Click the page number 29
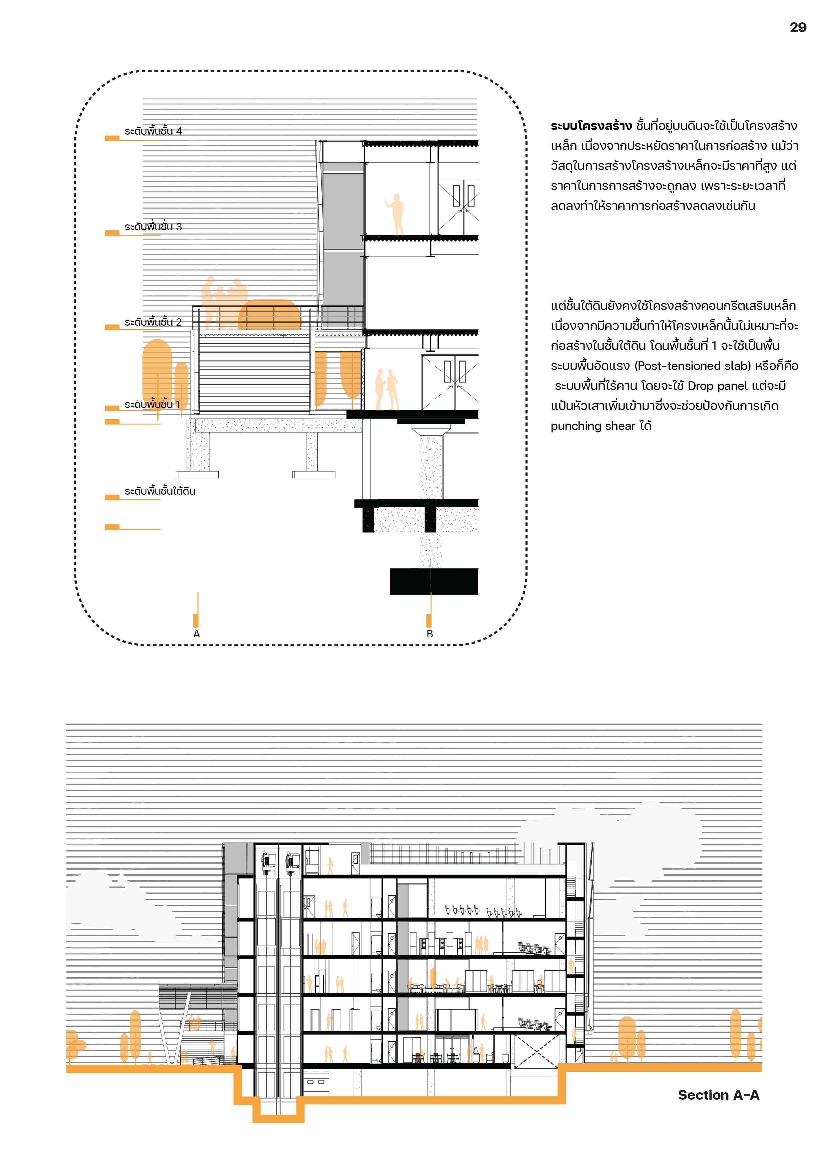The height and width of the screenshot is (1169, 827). click(797, 27)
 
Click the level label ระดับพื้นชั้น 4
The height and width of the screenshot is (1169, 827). click(153, 131)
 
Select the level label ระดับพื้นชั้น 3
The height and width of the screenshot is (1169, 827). click(153, 227)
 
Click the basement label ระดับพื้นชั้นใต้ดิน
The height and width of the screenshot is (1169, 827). click(160, 491)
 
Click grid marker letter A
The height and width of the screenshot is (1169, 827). click(196, 634)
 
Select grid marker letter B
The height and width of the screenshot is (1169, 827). click(430, 634)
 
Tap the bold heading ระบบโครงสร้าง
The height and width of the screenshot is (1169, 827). click(591, 126)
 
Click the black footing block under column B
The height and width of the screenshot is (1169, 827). click(434, 581)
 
